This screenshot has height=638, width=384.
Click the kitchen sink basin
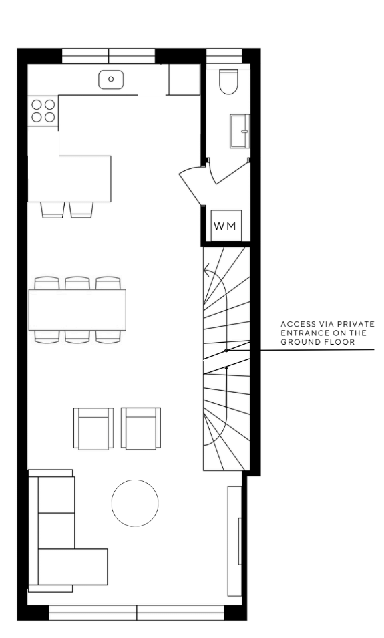click(x=111, y=79)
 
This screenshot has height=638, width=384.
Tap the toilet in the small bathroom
click(x=228, y=82)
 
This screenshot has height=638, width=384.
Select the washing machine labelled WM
click(x=226, y=226)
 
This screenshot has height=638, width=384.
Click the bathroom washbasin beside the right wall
click(x=240, y=131)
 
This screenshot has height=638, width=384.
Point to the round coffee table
click(x=135, y=503)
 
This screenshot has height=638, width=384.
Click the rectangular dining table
click(x=77, y=309)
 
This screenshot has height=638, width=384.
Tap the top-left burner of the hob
click(x=37, y=105)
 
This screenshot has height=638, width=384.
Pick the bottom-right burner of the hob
click(x=49, y=117)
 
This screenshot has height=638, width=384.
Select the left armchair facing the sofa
click(x=93, y=428)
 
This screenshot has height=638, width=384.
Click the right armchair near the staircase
click(x=141, y=428)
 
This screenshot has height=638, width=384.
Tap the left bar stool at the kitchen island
click(x=53, y=210)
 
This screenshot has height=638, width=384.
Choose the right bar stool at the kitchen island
click(x=81, y=210)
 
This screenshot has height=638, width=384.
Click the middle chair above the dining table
click(x=77, y=283)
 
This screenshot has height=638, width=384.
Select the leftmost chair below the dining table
click(x=47, y=337)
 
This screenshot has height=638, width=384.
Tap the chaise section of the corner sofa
click(x=73, y=567)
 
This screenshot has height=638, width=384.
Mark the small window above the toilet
click(x=224, y=55)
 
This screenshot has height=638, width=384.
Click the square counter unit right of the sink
click(x=184, y=79)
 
